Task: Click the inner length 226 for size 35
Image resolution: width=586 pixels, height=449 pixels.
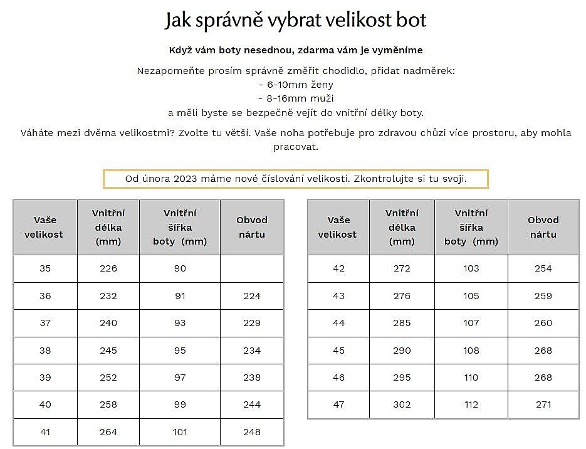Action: pyautogui.click(x=108, y=268)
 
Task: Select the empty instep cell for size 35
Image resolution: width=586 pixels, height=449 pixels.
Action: pyautogui.click(x=251, y=268)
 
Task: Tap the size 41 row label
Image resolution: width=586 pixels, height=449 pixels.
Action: pyautogui.click(x=45, y=431)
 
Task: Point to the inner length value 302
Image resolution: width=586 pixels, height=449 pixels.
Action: pyautogui.click(x=402, y=404)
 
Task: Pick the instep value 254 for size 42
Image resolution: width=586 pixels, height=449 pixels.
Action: pyautogui.click(x=543, y=268)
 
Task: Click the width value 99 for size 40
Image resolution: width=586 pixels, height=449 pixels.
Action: pyautogui.click(x=180, y=404)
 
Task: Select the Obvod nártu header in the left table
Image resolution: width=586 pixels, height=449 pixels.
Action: pyautogui.click(x=251, y=227)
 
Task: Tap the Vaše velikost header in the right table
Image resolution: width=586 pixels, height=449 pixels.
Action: pyautogui.click(x=337, y=227)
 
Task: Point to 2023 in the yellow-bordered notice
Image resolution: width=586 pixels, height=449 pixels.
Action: pyautogui.click(x=186, y=179)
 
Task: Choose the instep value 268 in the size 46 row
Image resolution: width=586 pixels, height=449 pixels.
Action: pyautogui.click(x=543, y=378)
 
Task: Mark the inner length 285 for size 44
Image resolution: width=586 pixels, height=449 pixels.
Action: pyautogui.click(x=402, y=323)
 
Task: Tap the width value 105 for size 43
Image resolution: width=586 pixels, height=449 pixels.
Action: pyautogui.click(x=471, y=296)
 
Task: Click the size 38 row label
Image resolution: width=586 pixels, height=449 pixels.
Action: pyautogui.click(x=45, y=350)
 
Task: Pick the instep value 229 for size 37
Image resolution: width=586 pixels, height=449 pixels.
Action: pyautogui.click(x=251, y=323)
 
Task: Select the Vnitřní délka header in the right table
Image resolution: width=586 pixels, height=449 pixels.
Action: pyautogui.click(x=402, y=227)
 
